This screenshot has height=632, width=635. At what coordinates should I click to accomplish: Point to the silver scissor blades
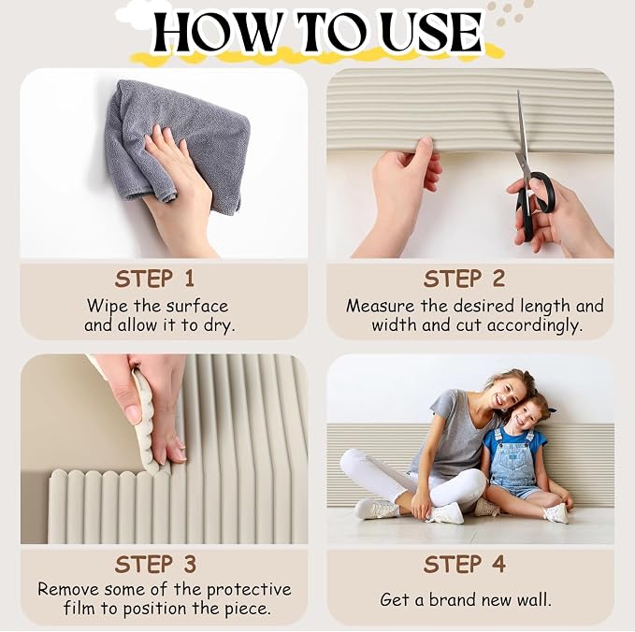pyautogui.click(x=523, y=134)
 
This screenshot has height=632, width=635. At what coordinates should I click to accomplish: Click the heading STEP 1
pyautogui.click(x=154, y=279)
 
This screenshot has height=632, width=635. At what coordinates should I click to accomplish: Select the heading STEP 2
pyautogui.click(x=464, y=279)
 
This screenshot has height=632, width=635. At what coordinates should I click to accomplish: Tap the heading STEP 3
pyautogui.click(x=155, y=564)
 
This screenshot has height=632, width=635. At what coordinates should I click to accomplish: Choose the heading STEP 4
pyautogui.click(x=465, y=564)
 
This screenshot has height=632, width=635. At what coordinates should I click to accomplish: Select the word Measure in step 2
pyautogui.click(x=381, y=306)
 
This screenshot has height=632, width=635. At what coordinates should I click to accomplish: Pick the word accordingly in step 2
pyautogui.click(x=535, y=326)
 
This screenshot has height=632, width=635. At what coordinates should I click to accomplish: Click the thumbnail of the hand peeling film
pyautogui.click(x=164, y=449)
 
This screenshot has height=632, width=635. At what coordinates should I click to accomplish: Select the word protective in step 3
pyautogui.click(x=249, y=590)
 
